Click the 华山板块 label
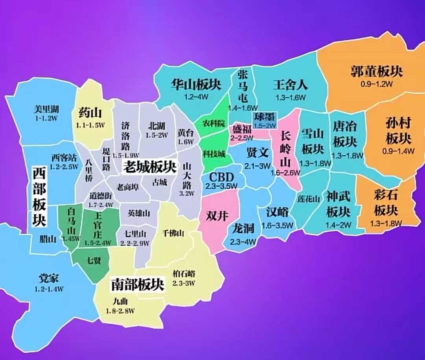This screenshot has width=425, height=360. (196, 84)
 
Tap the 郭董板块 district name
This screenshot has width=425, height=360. (377, 71)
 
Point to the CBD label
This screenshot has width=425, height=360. (222, 177)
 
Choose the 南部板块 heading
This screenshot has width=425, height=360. (137, 284)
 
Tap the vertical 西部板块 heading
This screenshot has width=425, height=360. (39, 197)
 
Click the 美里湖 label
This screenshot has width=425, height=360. (46, 109)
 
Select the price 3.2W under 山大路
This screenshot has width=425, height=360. (187, 193)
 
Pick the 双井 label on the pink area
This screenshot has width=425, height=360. (217, 216)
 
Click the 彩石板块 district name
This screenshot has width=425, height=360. (386, 204)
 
